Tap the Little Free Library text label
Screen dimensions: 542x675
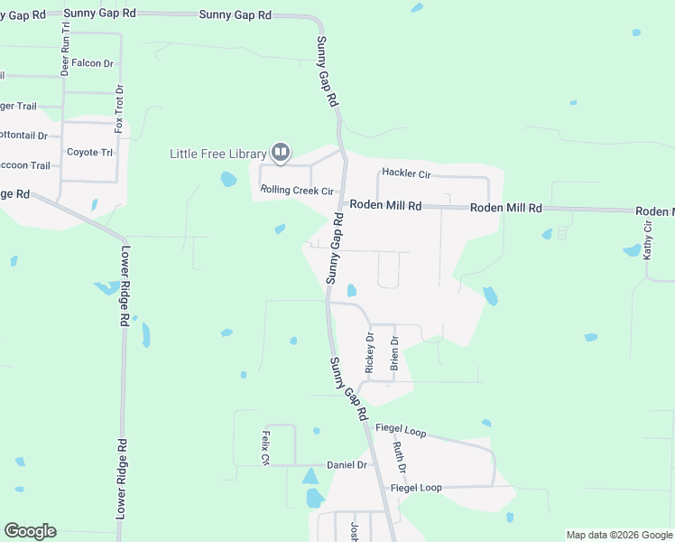[x=217, y=154]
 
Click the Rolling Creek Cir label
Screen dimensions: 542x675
[x=297, y=191]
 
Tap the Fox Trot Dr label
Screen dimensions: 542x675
[x=118, y=108]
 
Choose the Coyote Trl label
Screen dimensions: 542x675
[x=89, y=152]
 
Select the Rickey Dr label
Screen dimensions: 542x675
[x=369, y=353]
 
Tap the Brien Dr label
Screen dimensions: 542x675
[x=393, y=353]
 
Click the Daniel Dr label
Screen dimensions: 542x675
[x=347, y=464]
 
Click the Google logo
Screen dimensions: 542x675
[x=30, y=531]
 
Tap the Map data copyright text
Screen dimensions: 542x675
[x=619, y=535]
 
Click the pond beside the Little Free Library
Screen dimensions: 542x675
[x=228, y=179]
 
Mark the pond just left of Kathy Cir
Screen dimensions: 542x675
[x=632, y=250]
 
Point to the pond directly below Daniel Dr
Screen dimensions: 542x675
[x=314, y=498]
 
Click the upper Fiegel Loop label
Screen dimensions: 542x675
[x=402, y=432]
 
